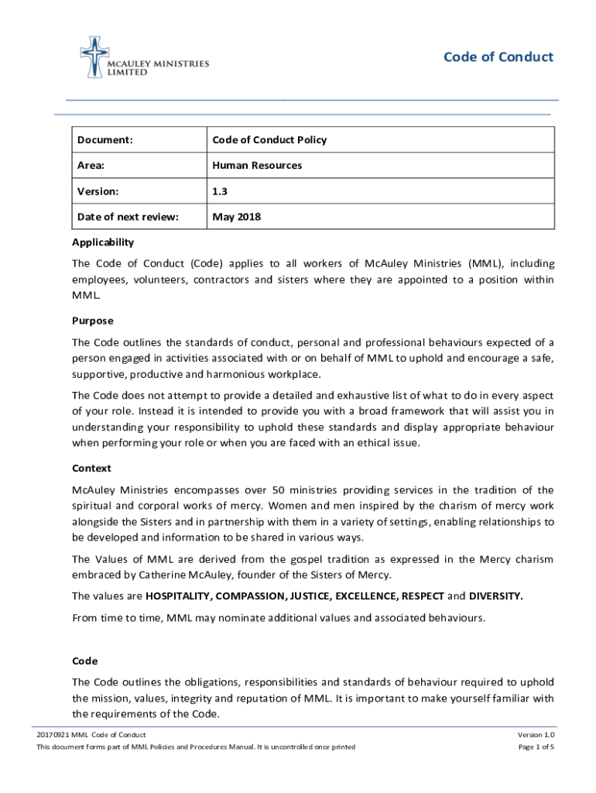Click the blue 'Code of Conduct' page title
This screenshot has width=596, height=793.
(498, 57)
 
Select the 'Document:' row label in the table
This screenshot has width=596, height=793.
(104, 140)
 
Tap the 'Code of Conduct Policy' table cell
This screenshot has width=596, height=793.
(269, 140)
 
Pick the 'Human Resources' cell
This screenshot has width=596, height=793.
(257, 166)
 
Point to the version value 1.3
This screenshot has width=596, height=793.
(220, 191)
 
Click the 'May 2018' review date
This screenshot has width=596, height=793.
(237, 217)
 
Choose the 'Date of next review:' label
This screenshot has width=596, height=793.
(128, 217)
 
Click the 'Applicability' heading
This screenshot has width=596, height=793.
(103, 242)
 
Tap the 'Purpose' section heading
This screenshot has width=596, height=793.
(92, 321)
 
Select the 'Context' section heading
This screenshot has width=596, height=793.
(91, 469)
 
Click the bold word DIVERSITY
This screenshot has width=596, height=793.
(496, 596)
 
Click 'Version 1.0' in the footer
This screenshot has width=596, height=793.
(536, 734)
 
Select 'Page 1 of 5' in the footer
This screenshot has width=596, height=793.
(536, 747)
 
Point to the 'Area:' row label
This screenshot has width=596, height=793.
(91, 166)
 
